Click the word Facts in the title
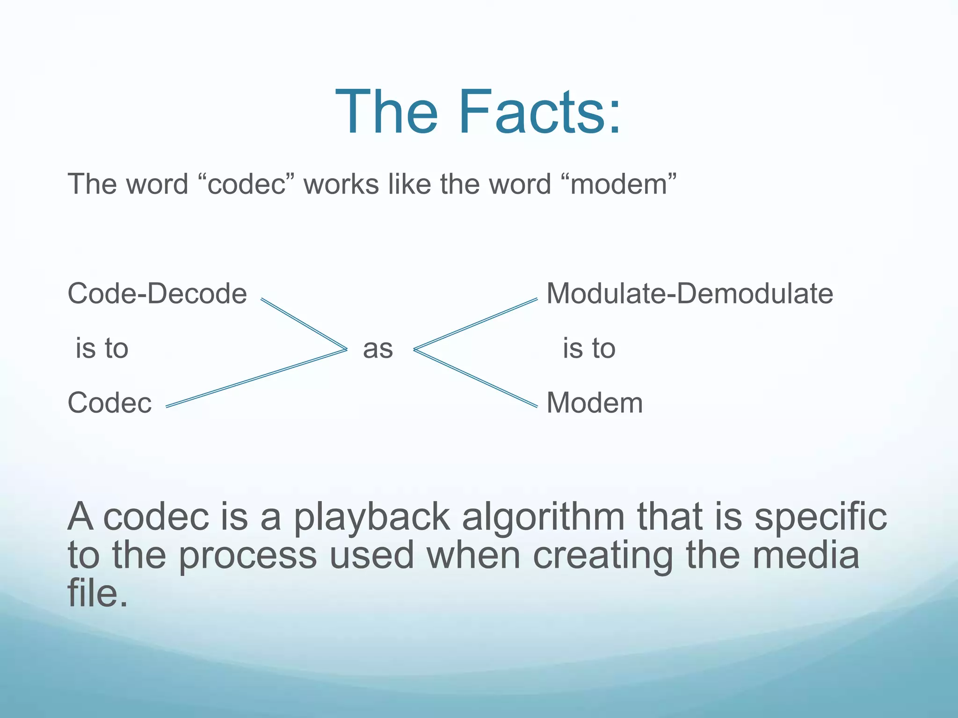[540, 112]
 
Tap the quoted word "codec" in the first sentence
[247, 184]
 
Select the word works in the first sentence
[341, 184]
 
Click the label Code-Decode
[157, 294]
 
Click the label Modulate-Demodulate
[689, 294]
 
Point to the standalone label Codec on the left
[110, 402]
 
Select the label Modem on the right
[595, 402]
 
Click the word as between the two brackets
[378, 349]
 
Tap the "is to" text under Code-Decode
[102, 349]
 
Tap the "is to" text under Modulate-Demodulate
[589, 349]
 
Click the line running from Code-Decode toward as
[304, 324]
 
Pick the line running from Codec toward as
[256, 378]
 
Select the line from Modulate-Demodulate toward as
[476, 324]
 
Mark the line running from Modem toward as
[476, 378]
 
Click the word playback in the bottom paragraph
[372, 517]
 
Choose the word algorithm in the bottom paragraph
[543, 517]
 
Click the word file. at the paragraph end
[97, 593]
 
